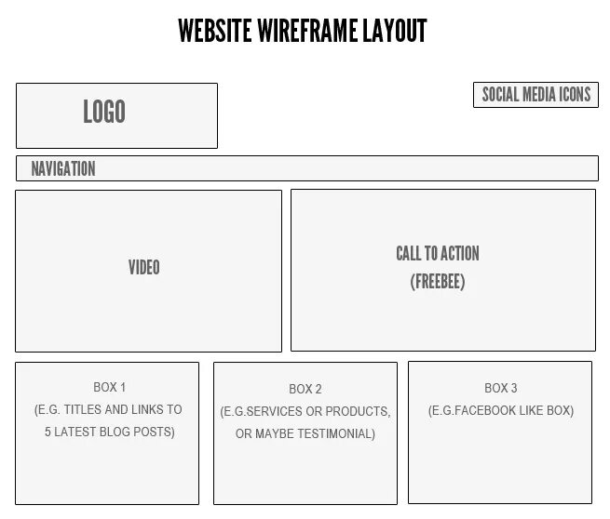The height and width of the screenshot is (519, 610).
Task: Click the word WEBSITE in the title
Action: (213, 32)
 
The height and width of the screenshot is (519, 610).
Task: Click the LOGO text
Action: (104, 113)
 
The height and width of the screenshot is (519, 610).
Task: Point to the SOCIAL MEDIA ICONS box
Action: (535, 95)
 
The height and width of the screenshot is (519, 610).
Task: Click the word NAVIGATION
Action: (63, 168)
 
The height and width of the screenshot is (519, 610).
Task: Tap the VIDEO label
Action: (144, 268)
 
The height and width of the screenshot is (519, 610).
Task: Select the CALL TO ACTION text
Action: (438, 254)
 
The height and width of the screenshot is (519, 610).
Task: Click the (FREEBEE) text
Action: (438, 282)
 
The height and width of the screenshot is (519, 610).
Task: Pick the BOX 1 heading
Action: (109, 388)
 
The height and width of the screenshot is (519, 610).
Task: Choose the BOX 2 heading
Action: (305, 390)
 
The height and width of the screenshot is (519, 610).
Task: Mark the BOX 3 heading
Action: (501, 388)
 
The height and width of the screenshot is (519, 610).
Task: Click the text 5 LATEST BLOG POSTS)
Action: (109, 432)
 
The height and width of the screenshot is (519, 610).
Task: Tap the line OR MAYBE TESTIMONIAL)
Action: (305, 433)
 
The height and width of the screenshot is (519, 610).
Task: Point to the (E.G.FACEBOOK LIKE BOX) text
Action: (501, 410)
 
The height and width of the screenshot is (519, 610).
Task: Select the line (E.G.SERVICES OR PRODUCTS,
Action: (305, 412)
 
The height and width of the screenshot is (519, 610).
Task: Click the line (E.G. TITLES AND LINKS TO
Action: (108, 410)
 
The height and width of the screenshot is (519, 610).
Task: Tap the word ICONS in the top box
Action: (574, 95)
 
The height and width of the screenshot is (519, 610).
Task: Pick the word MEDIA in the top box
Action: (535, 95)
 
